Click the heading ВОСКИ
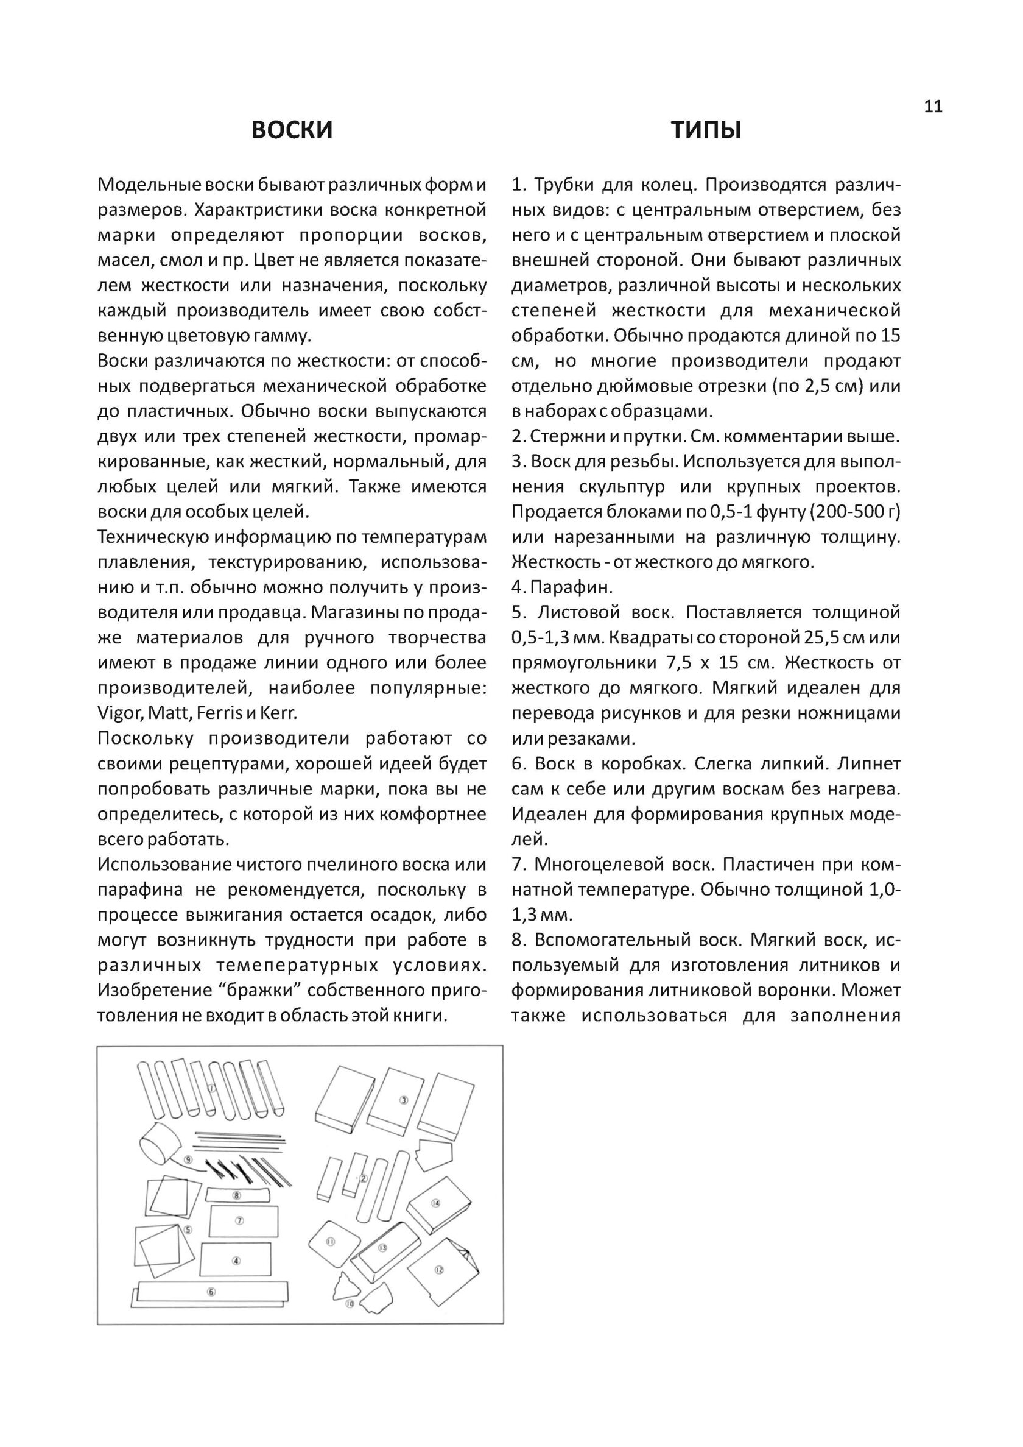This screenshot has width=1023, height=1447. pyautogui.click(x=292, y=130)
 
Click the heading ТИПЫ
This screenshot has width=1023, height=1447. pyautogui.click(x=706, y=130)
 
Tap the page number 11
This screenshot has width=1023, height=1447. pyautogui.click(x=933, y=107)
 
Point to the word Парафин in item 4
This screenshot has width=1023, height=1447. pyautogui.click(x=571, y=587)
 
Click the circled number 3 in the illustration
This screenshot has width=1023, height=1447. pyautogui.click(x=404, y=1100)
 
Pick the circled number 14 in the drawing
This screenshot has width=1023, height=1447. pyautogui.click(x=435, y=1203)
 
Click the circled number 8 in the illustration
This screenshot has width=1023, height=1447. pyautogui.click(x=236, y=1195)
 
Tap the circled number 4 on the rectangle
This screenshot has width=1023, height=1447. pyautogui.click(x=236, y=1261)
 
